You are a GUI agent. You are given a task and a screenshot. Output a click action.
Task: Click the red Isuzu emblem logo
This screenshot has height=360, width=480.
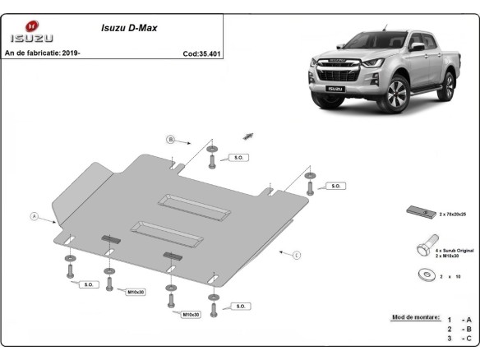[x=31, y=26]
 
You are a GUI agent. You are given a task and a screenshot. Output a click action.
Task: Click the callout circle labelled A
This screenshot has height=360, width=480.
[x=35, y=216]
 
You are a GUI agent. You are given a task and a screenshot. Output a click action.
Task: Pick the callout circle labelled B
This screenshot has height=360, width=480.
[x=171, y=139]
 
